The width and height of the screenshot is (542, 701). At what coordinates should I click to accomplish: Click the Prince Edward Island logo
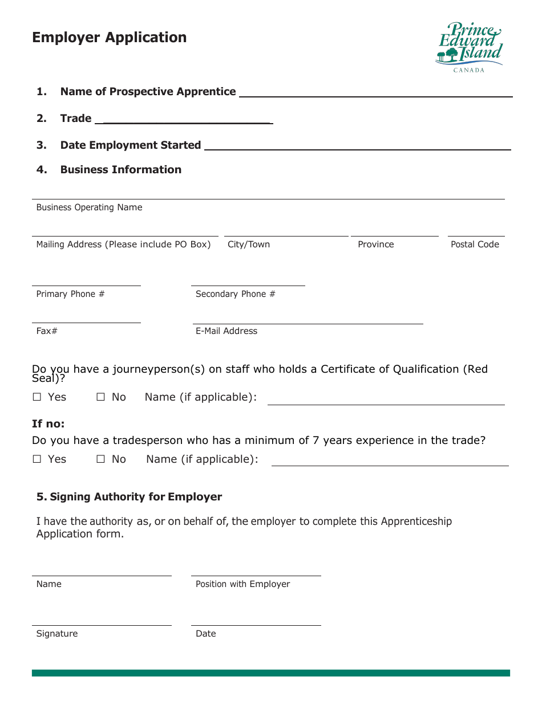click(x=469, y=47)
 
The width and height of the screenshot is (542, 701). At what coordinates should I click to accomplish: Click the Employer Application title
click(x=110, y=38)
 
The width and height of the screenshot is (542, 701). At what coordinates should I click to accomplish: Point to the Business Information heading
click(x=120, y=170)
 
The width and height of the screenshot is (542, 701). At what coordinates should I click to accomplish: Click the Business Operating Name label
click(x=89, y=207)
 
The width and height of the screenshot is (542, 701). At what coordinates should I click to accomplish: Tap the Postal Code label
click(x=475, y=244)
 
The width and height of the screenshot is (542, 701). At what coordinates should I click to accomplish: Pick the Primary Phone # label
click(x=70, y=294)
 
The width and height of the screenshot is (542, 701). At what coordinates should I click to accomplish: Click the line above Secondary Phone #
click(x=248, y=285)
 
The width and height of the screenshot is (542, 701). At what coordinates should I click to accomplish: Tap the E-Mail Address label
click(x=226, y=331)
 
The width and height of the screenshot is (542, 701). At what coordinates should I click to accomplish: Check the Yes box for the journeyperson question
click(x=37, y=397)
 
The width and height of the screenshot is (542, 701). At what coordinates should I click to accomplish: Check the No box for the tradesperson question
click(x=101, y=459)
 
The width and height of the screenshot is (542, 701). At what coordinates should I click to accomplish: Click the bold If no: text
click(x=48, y=424)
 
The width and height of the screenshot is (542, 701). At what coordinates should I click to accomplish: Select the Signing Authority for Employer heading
click(x=130, y=497)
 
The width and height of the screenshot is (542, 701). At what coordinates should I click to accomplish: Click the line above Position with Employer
click(x=256, y=575)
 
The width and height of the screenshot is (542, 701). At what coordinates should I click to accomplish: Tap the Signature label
click(x=57, y=634)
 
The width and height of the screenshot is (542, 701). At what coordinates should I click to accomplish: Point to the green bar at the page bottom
click(x=270, y=673)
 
